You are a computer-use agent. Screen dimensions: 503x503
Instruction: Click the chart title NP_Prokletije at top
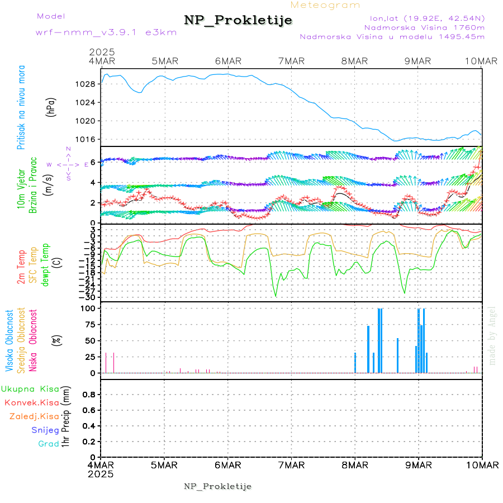(238, 21)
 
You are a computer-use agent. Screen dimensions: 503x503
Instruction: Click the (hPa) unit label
(51, 107)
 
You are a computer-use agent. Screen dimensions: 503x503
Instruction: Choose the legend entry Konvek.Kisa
(31, 402)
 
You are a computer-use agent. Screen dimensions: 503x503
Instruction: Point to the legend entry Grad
(49, 444)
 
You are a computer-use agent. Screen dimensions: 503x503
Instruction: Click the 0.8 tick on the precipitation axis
(89, 395)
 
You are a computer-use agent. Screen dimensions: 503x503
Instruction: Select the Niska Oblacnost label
(33, 340)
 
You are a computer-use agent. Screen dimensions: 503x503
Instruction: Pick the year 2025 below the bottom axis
(101, 474)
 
